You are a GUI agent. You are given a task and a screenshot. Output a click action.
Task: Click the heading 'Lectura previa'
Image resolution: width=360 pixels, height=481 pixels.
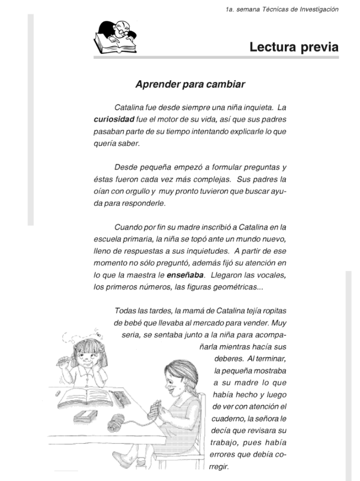[293, 47]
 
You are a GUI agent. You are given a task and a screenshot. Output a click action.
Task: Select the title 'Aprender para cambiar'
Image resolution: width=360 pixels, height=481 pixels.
[190, 85]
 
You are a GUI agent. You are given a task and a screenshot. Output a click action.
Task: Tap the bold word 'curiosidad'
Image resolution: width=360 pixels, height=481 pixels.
[114, 119]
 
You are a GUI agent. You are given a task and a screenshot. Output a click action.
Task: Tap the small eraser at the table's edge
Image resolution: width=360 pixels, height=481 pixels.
[57, 391]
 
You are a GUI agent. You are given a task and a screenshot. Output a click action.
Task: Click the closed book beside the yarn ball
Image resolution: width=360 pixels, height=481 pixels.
[86, 416]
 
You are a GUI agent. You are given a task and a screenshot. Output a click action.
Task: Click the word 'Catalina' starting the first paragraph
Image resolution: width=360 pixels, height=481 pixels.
[129, 107]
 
